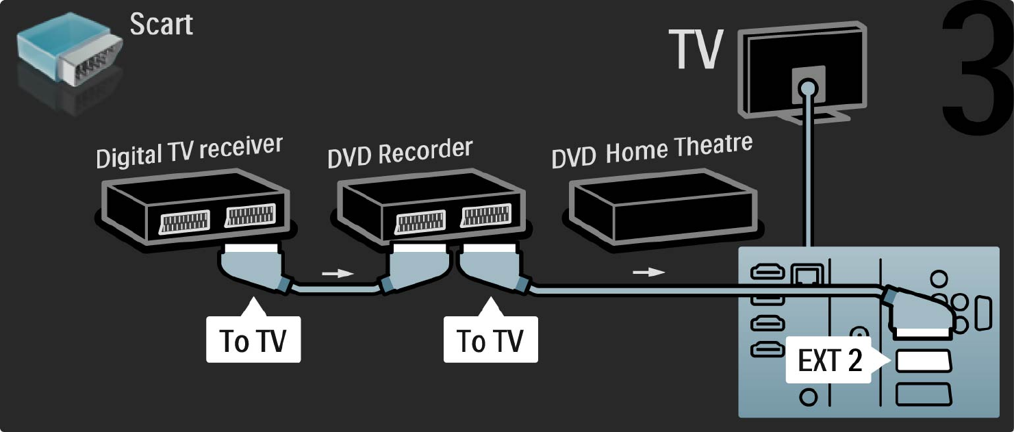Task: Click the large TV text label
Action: pos(696,50)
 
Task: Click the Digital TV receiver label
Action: pos(189,151)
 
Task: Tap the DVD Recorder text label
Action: pos(400,153)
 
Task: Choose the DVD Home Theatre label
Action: pos(652,151)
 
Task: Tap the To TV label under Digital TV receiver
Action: pos(253,340)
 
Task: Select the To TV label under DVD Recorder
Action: pos(490,340)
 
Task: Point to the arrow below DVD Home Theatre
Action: pos(648,272)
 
